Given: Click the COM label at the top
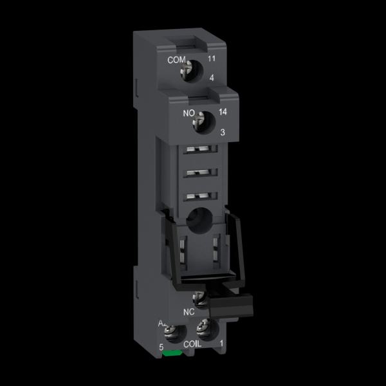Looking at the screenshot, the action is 176,60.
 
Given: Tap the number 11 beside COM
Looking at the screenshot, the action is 212,59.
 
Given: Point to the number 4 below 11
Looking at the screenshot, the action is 212,78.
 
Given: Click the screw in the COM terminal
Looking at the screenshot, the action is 187,69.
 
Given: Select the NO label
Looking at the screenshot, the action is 188,113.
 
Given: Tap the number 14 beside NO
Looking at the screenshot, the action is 223,112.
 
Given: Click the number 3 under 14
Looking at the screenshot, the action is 223,133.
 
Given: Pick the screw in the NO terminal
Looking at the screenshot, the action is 199,121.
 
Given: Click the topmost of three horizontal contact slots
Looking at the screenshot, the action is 200,149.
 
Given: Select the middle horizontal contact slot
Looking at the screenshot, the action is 200,172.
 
